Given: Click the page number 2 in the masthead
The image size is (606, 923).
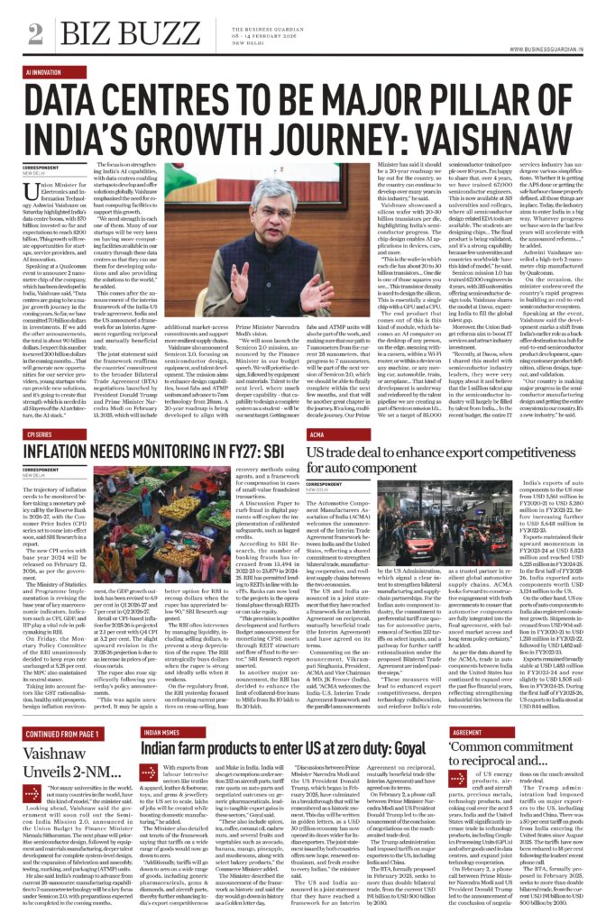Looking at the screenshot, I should (x=35, y=34).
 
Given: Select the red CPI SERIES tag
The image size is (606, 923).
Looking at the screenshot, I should (x=42, y=434).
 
